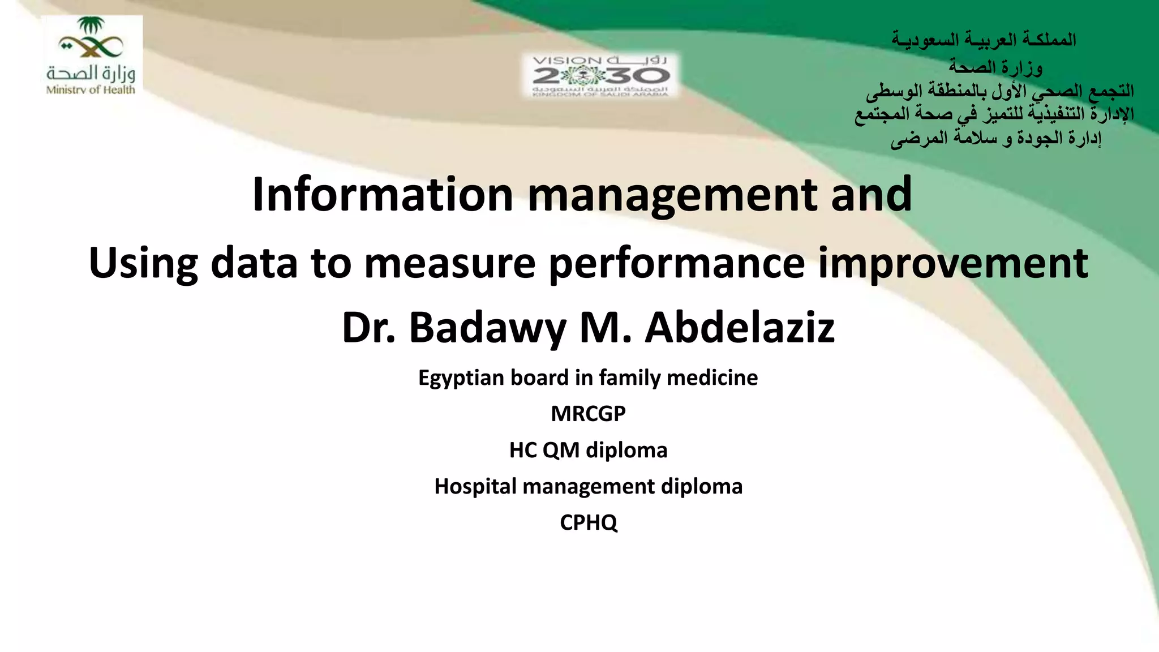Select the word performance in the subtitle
pos(676,264)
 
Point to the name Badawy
pos(487,328)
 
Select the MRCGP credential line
pos(588,414)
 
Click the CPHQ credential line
pos(588,522)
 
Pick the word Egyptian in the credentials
pos(461,378)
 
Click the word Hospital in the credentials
pos(475,486)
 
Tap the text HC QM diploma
pos(588,450)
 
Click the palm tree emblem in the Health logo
pos(91,26)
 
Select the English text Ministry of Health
pos(91,89)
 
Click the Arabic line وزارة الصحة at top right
pos(995,67)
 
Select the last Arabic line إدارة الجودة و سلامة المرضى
pos(995,138)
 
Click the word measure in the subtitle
pos(449,264)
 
